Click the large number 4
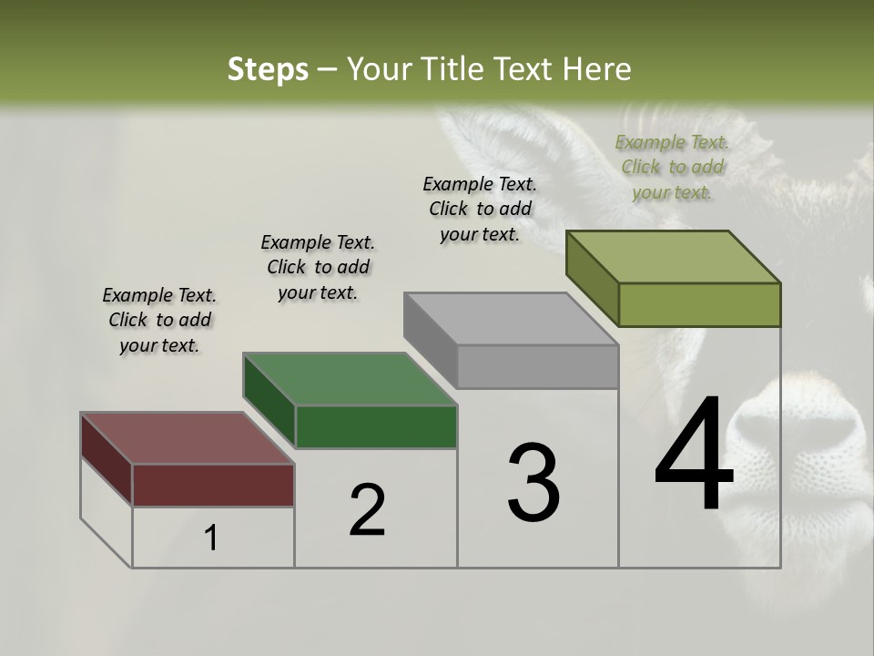(694, 455)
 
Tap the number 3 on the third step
(534, 483)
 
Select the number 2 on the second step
(367, 510)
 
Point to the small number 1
(211, 538)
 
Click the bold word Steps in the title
(268, 69)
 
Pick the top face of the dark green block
(350, 379)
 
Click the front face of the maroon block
(213, 485)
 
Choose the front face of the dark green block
(376, 426)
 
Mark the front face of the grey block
(537, 366)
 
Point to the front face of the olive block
(699, 304)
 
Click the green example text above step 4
(672, 167)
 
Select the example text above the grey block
(480, 209)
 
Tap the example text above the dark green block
(318, 267)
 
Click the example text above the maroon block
(159, 320)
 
